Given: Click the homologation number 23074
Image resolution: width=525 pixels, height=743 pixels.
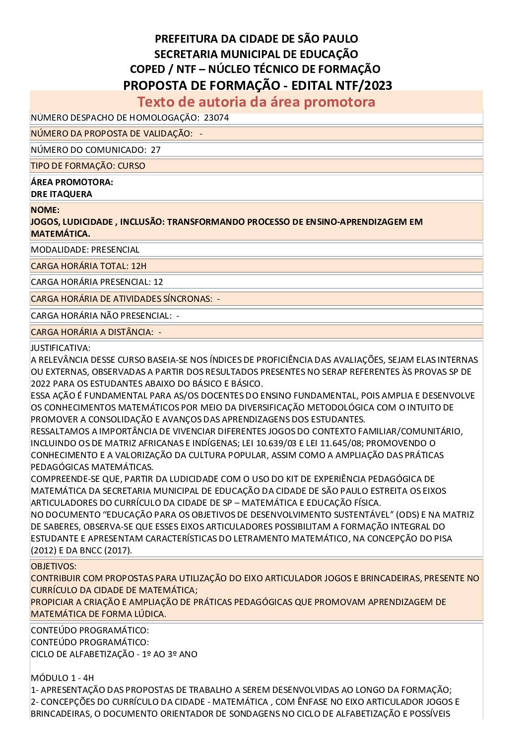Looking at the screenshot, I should [x=216, y=118].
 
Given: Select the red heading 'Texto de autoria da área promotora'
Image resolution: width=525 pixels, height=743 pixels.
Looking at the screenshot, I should [x=256, y=102].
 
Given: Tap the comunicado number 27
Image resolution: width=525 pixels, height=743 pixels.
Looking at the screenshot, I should [x=156, y=149].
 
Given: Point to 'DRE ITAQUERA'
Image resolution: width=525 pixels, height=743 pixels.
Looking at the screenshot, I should [x=62, y=194].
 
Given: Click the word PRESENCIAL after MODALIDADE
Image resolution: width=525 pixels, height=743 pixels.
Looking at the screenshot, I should [x=115, y=250].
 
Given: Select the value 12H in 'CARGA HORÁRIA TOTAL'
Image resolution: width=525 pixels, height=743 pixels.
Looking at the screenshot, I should [x=139, y=266].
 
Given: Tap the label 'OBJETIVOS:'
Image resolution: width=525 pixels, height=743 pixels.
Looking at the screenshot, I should [x=54, y=566].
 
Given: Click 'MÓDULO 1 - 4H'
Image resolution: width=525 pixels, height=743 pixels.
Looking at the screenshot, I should [x=63, y=678].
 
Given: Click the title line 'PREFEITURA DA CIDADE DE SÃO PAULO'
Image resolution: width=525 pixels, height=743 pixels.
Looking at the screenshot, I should [x=257, y=39].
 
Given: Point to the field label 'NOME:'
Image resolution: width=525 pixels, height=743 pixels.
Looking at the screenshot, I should [x=45, y=210].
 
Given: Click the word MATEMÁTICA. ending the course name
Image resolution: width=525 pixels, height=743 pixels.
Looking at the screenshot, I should [x=61, y=233].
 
